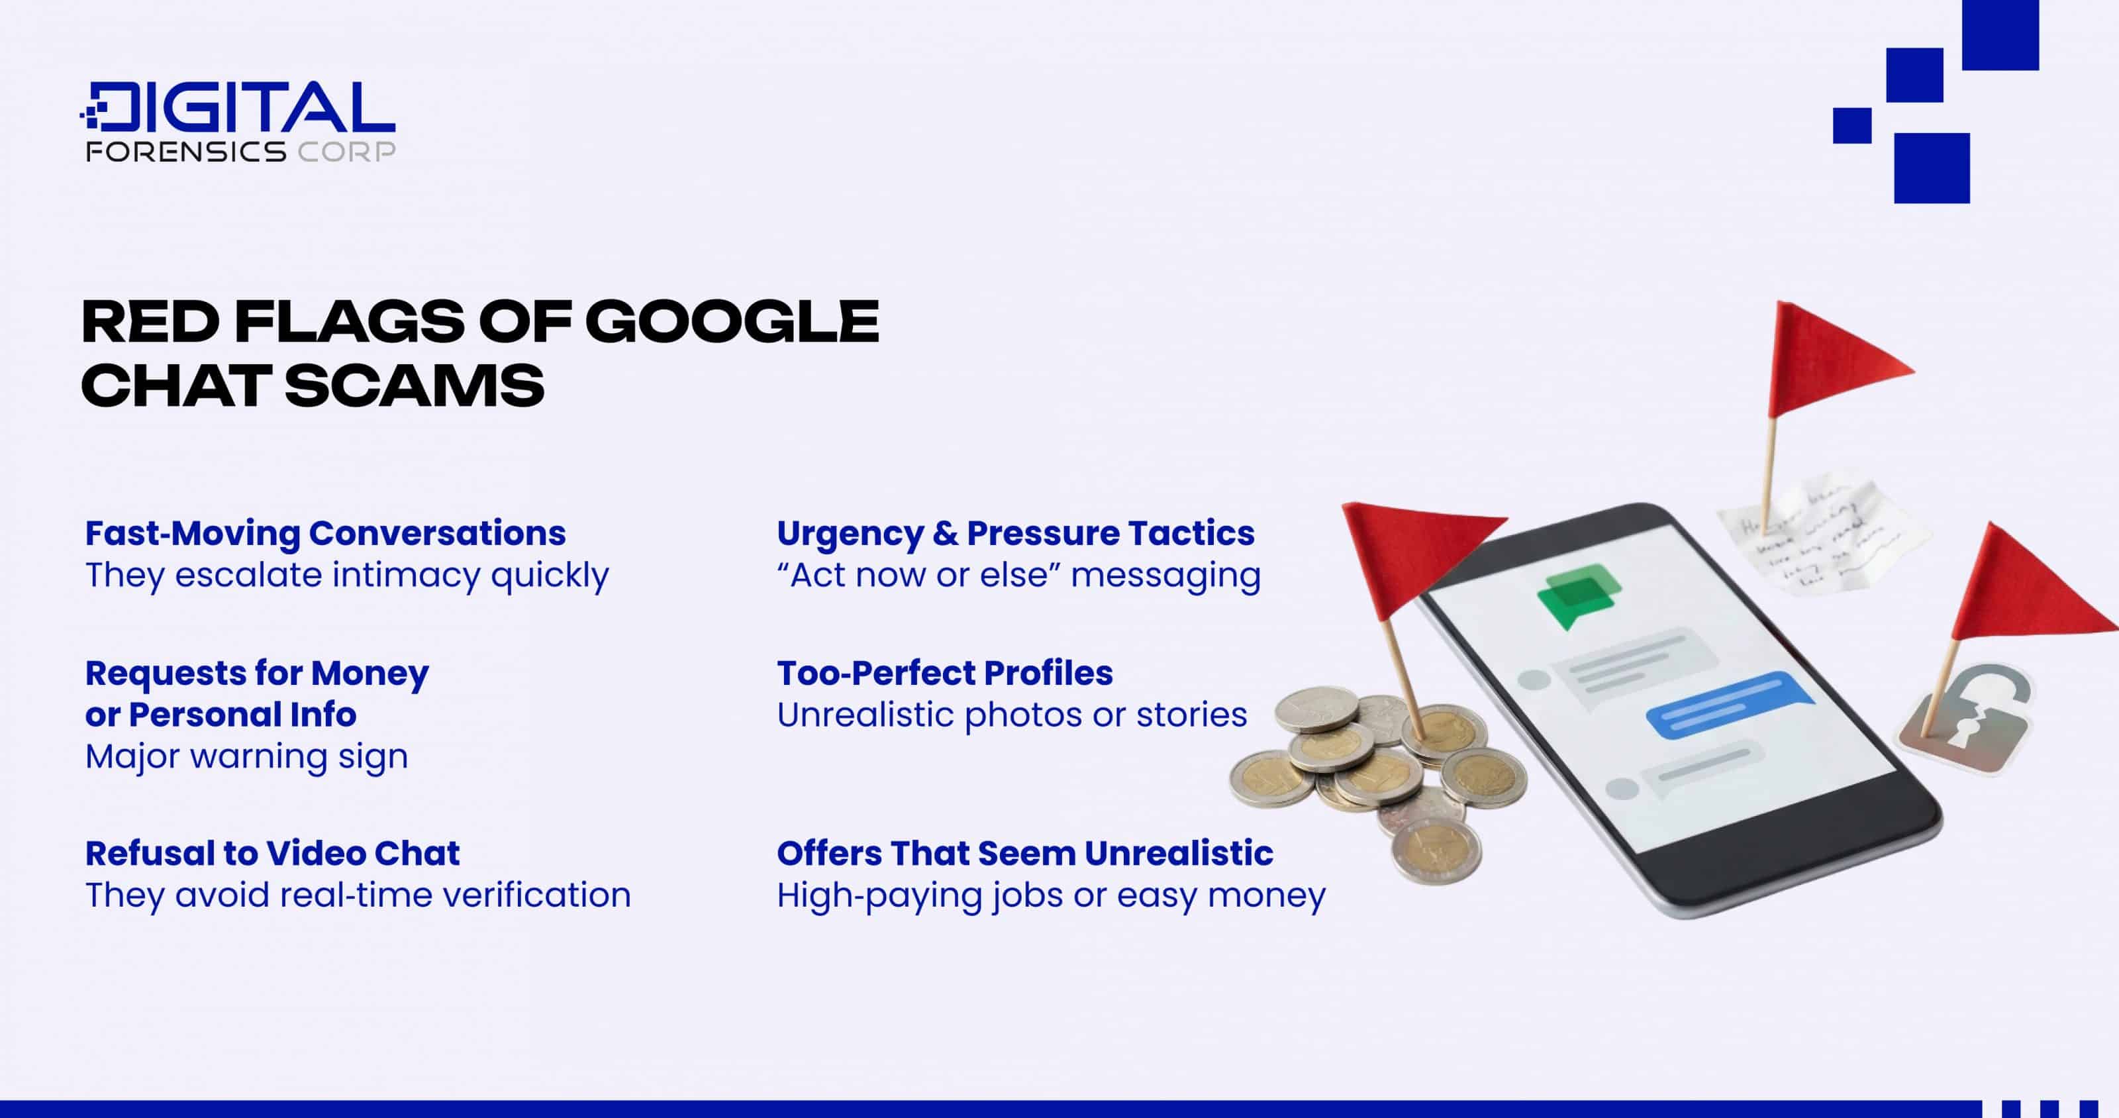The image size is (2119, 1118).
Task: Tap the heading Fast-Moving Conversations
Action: click(325, 533)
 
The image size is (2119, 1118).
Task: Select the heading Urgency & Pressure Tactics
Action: click(1015, 533)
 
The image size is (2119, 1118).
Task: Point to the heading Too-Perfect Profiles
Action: click(944, 673)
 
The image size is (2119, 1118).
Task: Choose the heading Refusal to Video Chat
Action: click(272, 853)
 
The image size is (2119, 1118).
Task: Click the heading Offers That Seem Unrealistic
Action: click(1024, 853)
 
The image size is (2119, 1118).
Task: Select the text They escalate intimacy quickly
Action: click(346, 575)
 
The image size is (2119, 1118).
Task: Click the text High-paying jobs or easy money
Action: click(1050, 895)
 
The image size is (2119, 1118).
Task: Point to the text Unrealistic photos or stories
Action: click(1011, 715)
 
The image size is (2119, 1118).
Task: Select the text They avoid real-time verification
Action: click(358, 895)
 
